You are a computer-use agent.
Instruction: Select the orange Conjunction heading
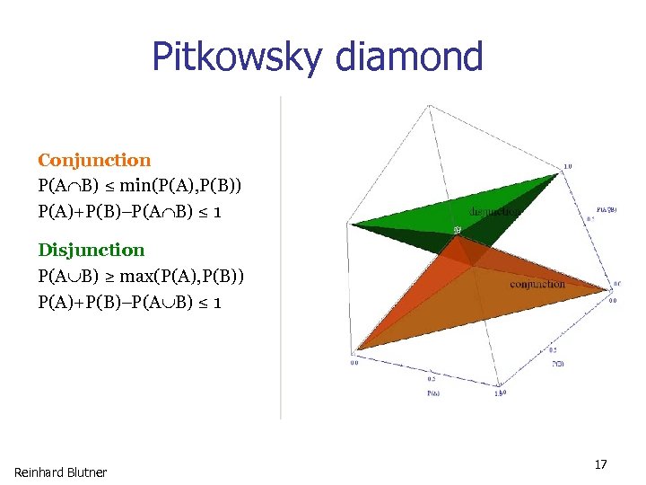(94, 161)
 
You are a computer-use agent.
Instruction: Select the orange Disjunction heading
(91, 250)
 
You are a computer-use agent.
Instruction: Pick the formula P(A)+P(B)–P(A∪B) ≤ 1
(131, 302)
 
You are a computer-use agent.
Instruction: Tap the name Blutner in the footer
(87, 472)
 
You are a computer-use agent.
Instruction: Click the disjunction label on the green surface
(494, 212)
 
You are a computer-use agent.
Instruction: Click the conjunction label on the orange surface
(537, 284)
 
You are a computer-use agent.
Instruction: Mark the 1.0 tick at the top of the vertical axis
(568, 166)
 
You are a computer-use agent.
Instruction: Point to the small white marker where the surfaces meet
(456, 231)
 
